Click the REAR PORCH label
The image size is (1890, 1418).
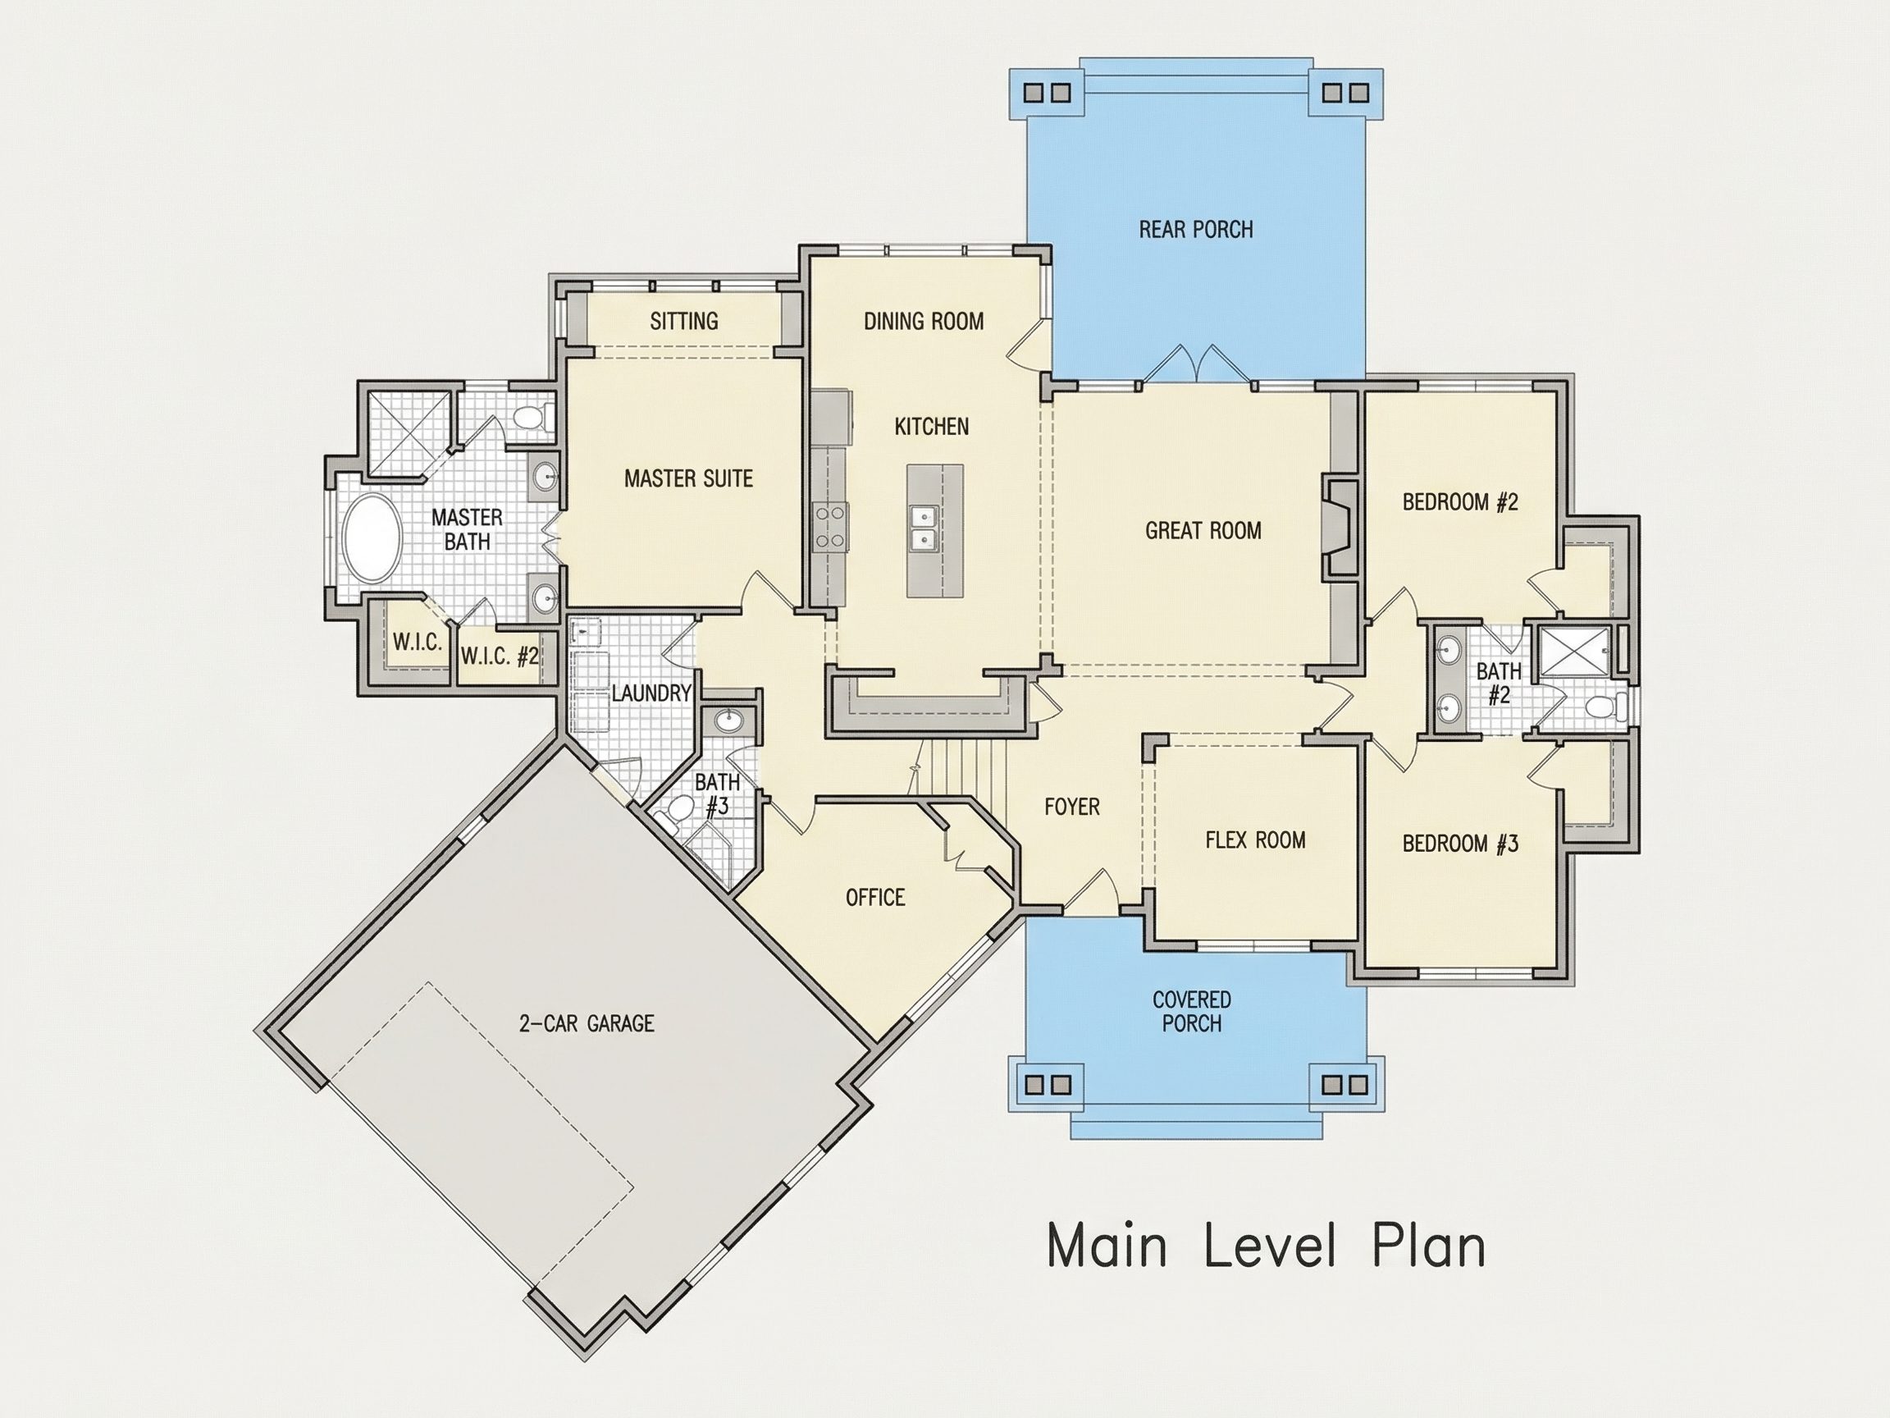pyautogui.click(x=1195, y=229)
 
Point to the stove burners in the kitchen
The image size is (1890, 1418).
pyautogui.click(x=829, y=528)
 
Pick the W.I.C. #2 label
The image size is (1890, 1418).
pyautogui.click(x=500, y=656)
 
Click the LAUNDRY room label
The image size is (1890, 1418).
pyautogui.click(x=651, y=693)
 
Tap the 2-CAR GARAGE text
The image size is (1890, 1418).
pyautogui.click(x=587, y=1023)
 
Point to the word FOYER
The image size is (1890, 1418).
pyautogui.click(x=1071, y=807)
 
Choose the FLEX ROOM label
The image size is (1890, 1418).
pyautogui.click(x=1255, y=840)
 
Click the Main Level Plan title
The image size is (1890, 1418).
pyautogui.click(x=1267, y=1247)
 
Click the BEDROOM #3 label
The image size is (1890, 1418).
pyautogui.click(x=1460, y=844)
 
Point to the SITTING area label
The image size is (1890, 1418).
pyautogui.click(x=683, y=322)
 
